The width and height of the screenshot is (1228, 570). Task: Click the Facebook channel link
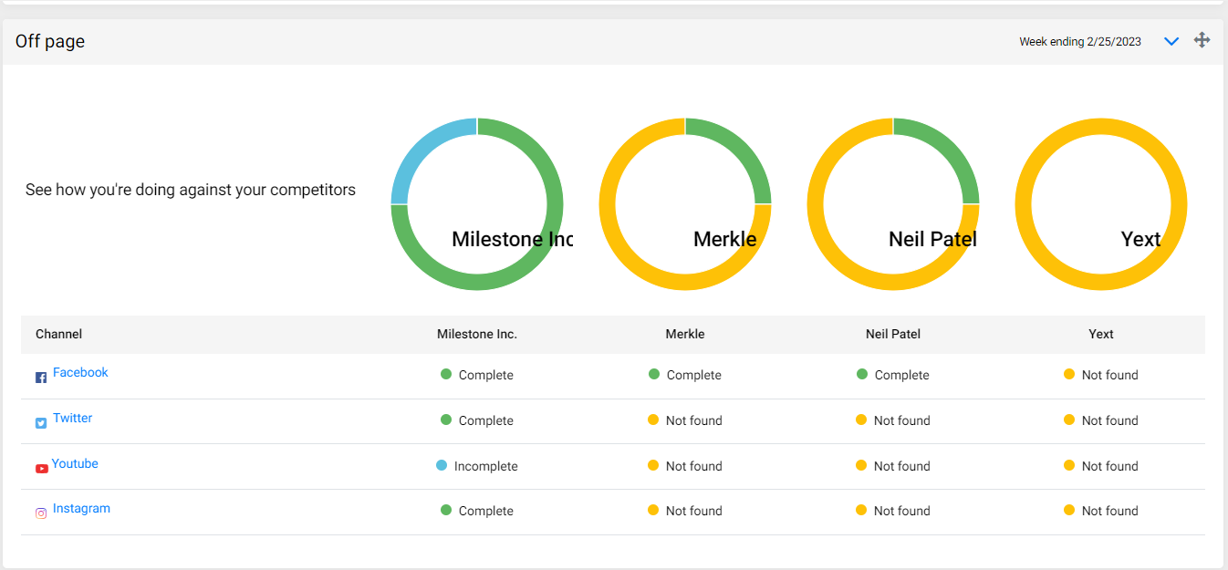pos(80,373)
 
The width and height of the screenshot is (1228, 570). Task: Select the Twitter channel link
pos(72,419)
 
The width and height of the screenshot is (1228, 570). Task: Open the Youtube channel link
pos(75,463)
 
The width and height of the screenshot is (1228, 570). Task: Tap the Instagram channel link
pos(81,509)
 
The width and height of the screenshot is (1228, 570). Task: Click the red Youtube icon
pos(42,469)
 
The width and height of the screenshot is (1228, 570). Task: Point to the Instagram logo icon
pos(41,513)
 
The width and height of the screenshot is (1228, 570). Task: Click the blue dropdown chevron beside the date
pos(1171,42)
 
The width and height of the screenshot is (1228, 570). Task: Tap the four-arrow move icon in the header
pos(1202,40)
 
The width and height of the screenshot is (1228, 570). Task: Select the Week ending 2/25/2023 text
pos(1080,42)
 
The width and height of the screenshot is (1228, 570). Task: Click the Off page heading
pos(50,42)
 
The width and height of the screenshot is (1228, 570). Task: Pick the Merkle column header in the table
pos(685,335)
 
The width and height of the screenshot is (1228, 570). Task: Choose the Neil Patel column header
pos(892,335)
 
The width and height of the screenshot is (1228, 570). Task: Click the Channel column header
pos(58,335)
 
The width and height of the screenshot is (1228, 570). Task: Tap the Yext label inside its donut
pos(1140,239)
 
